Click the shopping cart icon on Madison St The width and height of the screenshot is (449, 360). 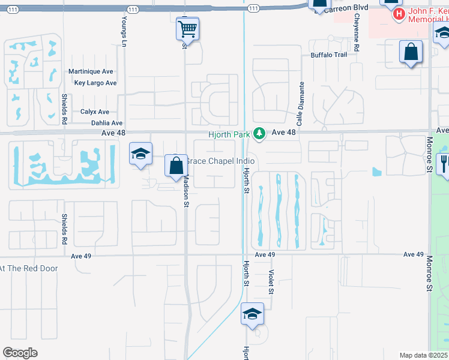tap(187, 28)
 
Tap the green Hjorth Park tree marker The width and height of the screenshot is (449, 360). tap(259, 133)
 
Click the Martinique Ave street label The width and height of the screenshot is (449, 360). tap(91, 71)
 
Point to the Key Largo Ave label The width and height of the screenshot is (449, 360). tap(95, 83)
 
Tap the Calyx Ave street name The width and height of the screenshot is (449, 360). tap(95, 112)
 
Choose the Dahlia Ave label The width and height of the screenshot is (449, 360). tap(97, 123)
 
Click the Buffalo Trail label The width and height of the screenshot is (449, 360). tap(329, 55)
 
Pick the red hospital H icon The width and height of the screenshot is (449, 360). tap(399, 14)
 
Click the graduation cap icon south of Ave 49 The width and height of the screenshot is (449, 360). tap(252, 314)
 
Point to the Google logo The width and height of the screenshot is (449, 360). tap(20, 353)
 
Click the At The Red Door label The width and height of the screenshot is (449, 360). tap(29, 268)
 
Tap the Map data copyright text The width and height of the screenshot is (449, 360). tap(423, 355)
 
